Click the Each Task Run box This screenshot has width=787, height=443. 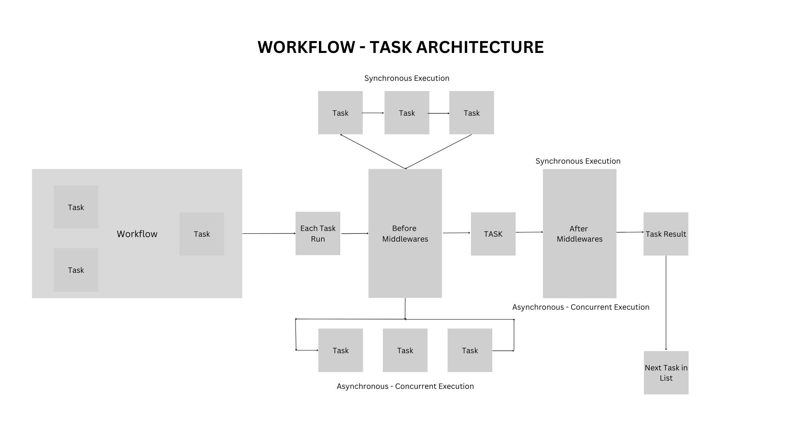318,233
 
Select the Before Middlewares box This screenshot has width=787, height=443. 405,233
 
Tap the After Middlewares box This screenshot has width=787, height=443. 579,233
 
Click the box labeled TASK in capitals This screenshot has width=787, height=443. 493,234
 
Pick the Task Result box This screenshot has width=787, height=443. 666,234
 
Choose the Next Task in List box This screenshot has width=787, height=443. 666,372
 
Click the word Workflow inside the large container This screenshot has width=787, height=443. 137,234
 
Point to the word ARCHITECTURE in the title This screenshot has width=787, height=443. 480,47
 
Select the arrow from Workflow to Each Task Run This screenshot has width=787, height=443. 268,233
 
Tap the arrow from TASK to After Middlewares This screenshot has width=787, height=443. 529,232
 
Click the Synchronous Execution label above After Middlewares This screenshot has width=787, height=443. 578,161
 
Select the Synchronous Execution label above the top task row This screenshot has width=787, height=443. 407,78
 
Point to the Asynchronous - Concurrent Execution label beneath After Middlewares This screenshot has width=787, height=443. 580,307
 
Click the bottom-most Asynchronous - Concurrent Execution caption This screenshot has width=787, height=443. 405,386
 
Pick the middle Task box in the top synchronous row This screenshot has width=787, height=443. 407,113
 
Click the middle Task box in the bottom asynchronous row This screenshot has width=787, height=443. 405,350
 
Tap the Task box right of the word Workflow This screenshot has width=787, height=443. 202,234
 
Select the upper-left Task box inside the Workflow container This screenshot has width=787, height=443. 76,207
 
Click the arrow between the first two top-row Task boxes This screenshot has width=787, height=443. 373,113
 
